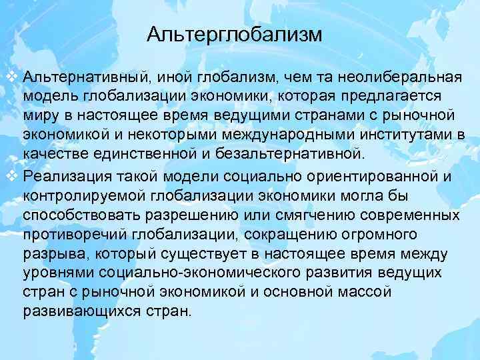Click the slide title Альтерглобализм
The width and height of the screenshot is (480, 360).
234,33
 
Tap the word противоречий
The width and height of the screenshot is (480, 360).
75,235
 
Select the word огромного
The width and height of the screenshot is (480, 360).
393,235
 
